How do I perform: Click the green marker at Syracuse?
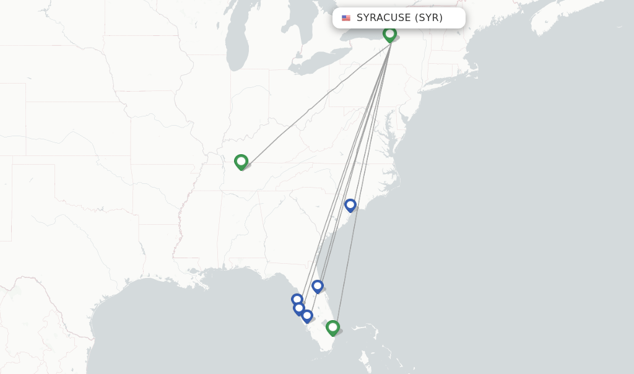click(389, 33)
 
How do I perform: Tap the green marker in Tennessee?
click(241, 161)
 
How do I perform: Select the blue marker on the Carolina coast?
click(350, 204)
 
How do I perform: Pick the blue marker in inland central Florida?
click(318, 285)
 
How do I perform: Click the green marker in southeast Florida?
click(332, 326)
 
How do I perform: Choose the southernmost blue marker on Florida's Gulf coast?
click(307, 315)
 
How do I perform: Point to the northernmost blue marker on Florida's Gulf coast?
click(297, 300)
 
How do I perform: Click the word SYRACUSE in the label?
click(383, 18)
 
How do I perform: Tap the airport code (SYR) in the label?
click(428, 18)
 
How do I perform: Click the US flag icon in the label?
click(346, 18)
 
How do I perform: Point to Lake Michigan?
click(237, 43)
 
